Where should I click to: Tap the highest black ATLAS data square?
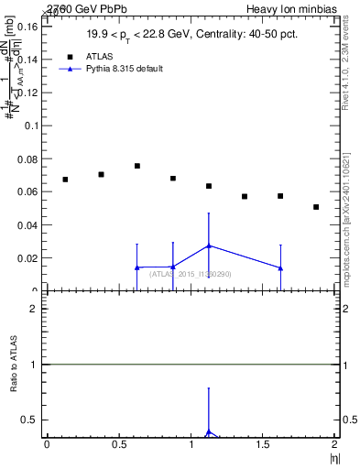(x=137, y=166)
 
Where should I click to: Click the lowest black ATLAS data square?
(x=316, y=207)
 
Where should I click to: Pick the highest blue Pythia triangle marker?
(x=209, y=245)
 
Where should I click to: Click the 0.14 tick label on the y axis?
(x=26, y=60)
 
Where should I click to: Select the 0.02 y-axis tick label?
(x=26, y=258)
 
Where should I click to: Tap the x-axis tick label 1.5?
(x=264, y=444)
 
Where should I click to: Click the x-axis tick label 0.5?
(x=119, y=444)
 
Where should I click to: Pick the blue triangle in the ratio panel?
(x=209, y=432)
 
